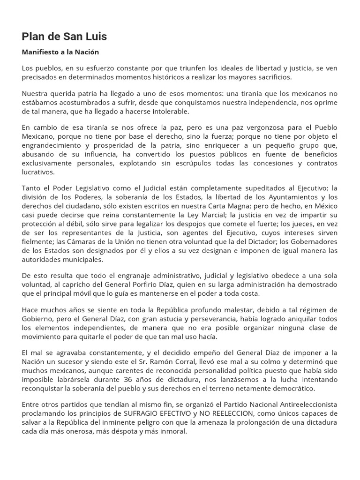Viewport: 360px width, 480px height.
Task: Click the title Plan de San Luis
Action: coord(64,37)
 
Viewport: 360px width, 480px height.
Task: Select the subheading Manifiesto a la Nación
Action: coord(60,52)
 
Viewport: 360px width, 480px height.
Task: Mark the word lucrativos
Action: coord(38,172)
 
